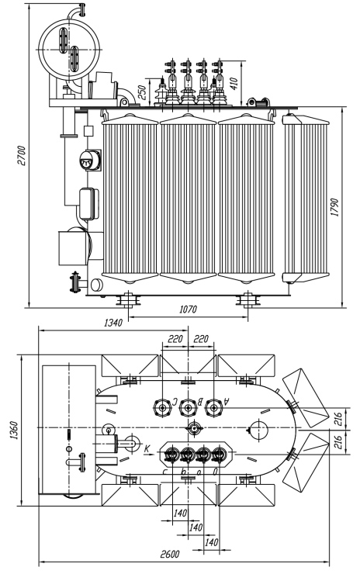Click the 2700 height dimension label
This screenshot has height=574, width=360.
22,156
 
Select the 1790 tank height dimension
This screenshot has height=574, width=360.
334,207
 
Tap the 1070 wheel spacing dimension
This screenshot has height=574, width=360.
188,309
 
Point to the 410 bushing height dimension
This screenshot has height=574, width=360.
234,83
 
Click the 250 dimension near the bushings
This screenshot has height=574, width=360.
143,92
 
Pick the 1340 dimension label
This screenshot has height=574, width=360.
113,323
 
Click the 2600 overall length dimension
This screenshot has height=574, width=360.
170,554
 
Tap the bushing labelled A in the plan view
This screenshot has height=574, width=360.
213,407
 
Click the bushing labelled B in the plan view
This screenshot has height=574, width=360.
188,407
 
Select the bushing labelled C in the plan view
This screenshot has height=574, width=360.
161,407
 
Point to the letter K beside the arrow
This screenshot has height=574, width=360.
147,448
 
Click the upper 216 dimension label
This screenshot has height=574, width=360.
337,418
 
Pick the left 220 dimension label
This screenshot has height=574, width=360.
175,339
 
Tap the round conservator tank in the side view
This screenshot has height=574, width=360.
69,50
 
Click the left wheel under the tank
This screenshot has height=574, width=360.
129,300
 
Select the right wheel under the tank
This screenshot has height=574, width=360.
248,300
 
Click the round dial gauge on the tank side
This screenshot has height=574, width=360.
89,161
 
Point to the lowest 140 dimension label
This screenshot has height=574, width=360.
211,541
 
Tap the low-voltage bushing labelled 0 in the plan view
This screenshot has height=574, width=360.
219,455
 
